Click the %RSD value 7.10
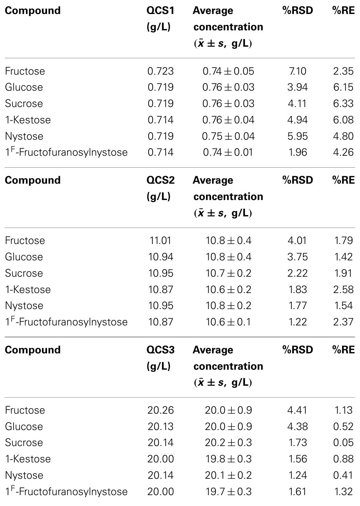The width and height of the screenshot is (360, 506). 297,71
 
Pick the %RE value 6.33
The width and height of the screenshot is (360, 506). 343,103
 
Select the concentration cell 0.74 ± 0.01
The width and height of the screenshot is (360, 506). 228,152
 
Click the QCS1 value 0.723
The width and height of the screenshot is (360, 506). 161,71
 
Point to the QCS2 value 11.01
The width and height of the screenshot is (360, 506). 161,240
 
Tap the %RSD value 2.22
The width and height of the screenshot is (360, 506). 297,273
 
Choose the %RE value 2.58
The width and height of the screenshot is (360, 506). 343,289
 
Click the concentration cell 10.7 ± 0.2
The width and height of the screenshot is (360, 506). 228,273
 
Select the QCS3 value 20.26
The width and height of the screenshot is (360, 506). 161,410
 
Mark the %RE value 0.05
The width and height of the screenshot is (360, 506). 343,442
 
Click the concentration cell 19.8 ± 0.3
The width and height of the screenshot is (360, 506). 228,459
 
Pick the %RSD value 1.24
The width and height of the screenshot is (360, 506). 297,475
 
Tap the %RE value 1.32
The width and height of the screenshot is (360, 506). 343,491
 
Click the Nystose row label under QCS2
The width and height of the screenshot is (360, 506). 24,306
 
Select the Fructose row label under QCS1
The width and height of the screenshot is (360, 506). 25,71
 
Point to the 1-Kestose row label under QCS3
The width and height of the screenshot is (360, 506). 28,459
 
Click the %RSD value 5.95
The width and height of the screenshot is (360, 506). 297,136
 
